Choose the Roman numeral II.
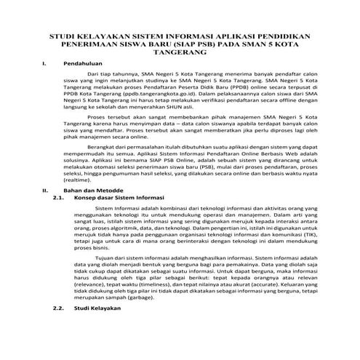46,209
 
